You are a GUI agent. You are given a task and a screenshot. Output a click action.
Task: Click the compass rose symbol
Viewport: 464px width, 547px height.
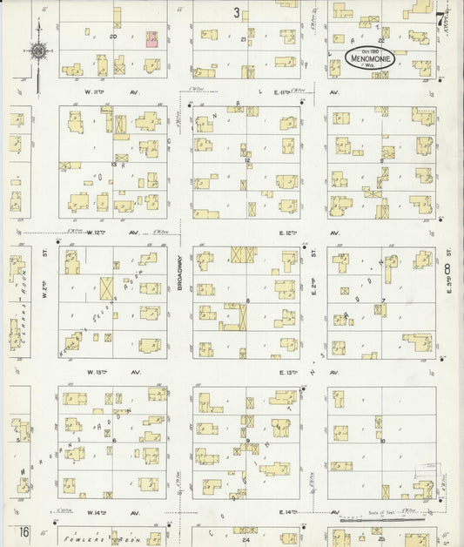[x=38, y=51]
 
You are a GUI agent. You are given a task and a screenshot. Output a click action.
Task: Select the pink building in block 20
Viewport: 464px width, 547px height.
[x=151, y=37]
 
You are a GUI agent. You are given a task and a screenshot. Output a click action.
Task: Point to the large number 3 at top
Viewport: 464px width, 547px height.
[x=236, y=12]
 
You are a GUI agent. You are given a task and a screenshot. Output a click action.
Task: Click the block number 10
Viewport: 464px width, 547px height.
[x=382, y=441]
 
